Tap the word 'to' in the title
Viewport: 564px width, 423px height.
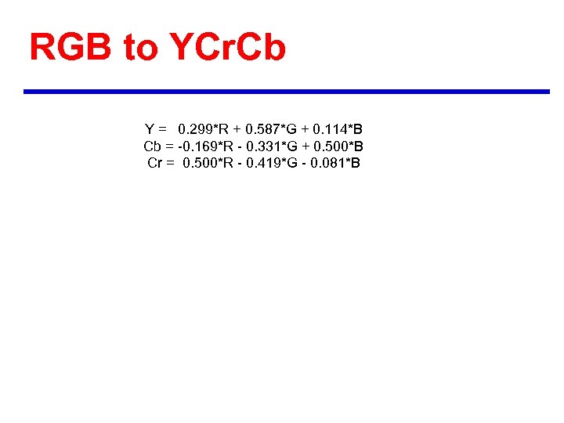click(141, 49)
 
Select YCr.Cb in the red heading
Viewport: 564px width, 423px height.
click(228, 48)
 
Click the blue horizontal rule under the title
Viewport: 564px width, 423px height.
click(287, 92)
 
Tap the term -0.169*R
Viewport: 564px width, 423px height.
click(202, 146)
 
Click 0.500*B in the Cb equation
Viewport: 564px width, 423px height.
click(338, 146)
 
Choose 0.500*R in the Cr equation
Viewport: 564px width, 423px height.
click(206, 164)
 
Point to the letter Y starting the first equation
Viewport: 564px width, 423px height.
click(149, 129)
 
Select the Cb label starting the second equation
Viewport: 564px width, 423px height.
click(152, 146)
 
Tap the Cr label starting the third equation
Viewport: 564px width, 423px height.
click(155, 164)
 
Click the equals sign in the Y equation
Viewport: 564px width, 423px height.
click(163, 129)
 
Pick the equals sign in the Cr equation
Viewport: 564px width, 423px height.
click(170, 164)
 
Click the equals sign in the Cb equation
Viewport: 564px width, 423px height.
click(169, 146)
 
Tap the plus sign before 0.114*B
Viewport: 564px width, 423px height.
click(305, 129)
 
